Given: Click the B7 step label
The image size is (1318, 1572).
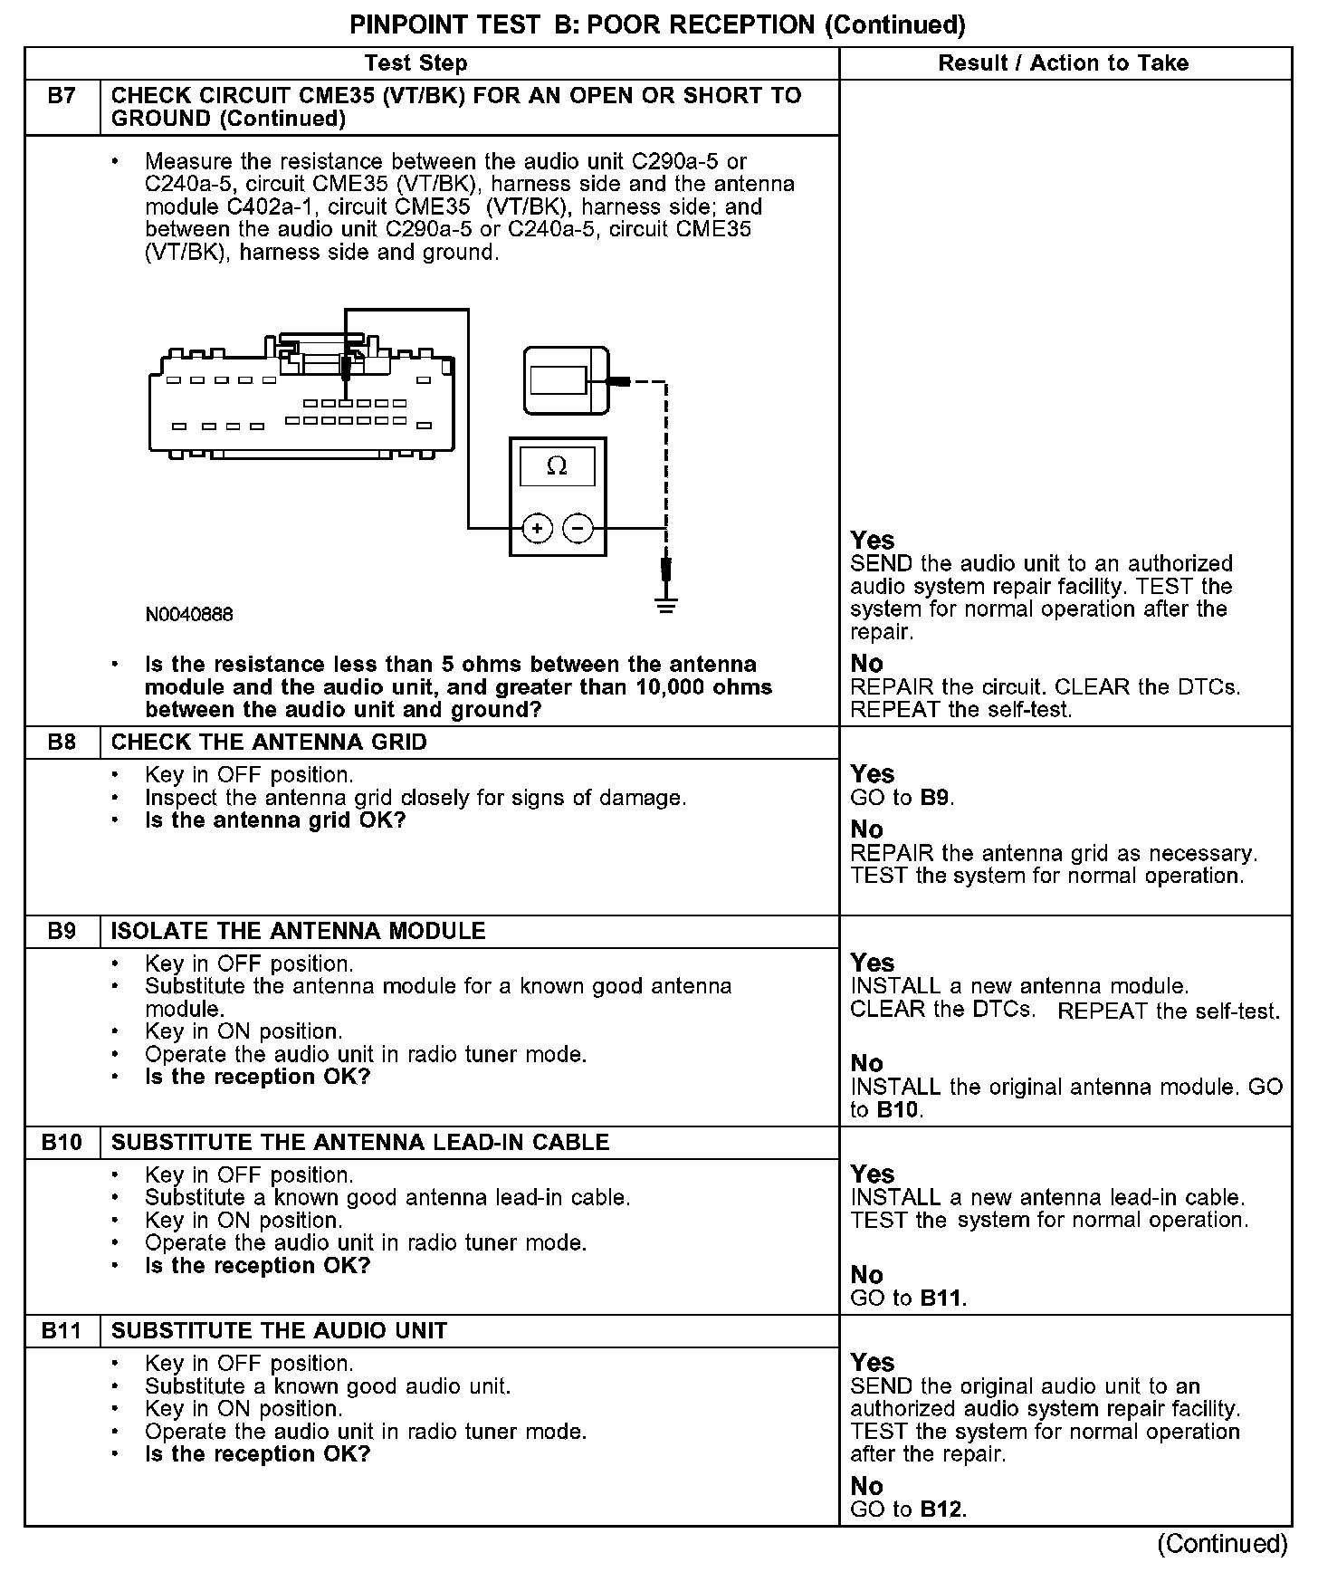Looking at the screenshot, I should [62, 96].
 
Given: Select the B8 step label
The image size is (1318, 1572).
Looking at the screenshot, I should [62, 743].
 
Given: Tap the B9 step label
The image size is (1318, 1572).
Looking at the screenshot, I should [62, 931].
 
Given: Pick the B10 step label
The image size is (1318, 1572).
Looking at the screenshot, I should [62, 1142].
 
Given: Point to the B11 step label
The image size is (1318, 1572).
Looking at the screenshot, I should [62, 1330].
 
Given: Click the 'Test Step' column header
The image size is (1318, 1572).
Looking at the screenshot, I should [415, 63].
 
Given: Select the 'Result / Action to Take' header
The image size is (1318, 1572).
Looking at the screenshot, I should [1063, 63].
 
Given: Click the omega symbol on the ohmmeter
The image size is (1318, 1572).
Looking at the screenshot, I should [557, 466].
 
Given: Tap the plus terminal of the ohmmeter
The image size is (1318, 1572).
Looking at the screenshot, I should [537, 528].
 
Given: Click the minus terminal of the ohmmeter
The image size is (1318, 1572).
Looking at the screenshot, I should [578, 528].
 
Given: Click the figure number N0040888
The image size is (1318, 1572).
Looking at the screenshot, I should [189, 615].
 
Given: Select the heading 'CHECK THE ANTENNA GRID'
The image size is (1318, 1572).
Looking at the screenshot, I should [269, 743].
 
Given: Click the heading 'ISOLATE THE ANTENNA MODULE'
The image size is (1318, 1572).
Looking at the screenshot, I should [298, 931].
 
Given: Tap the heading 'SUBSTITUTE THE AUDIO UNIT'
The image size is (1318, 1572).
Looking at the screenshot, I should [279, 1330].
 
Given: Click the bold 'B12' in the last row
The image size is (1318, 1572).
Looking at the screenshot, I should [941, 1510].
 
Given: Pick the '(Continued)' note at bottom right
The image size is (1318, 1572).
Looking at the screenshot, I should [1222, 1543].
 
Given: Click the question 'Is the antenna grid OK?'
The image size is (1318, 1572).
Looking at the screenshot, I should [275, 820].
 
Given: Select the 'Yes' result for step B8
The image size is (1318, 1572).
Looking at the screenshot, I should [873, 774].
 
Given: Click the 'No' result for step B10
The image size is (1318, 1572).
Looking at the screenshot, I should [866, 1275].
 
